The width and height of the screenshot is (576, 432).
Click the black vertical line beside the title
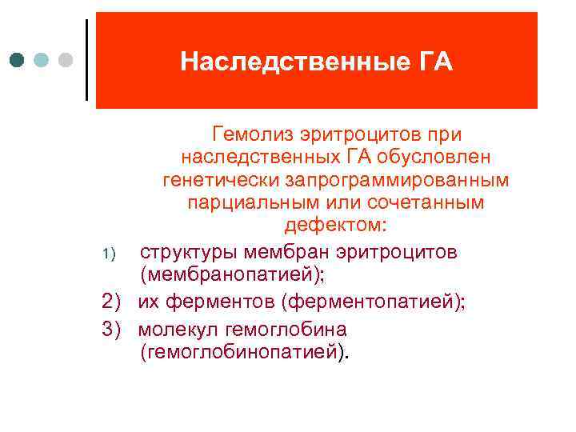(86, 59)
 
